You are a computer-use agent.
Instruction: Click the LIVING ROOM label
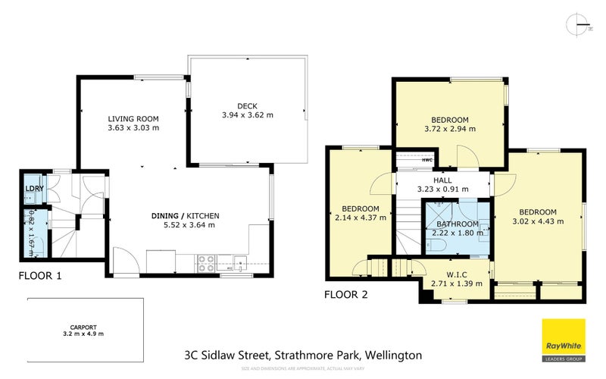133,119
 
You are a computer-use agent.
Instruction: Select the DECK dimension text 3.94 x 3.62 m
247,115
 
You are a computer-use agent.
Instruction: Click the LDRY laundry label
33,188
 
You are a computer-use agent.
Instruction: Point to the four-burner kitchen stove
206,263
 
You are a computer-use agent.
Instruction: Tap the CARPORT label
84,327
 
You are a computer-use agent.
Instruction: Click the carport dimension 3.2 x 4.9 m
84,334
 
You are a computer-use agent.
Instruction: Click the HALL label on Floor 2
442,180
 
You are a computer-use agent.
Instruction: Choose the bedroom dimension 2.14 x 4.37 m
360,218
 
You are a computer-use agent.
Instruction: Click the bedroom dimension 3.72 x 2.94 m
450,129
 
